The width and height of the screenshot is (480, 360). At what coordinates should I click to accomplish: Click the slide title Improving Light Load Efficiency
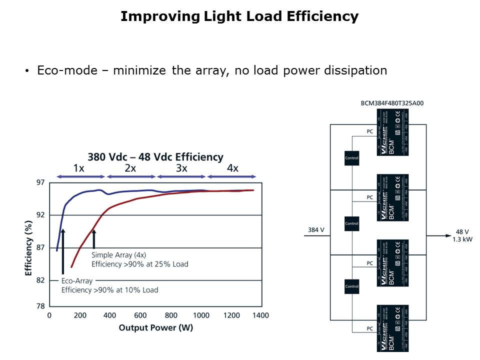pyautogui.click(x=239, y=16)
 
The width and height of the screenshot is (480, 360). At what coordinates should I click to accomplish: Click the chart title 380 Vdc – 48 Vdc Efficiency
pyautogui.click(x=155, y=157)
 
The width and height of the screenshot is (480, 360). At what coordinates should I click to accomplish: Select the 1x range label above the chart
pyautogui.click(x=79, y=168)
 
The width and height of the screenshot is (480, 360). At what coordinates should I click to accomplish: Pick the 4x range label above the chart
pyautogui.click(x=232, y=168)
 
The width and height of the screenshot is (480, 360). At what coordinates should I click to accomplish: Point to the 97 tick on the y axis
pyautogui.click(x=40, y=182)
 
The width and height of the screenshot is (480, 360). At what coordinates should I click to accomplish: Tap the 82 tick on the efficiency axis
pyautogui.click(x=40, y=280)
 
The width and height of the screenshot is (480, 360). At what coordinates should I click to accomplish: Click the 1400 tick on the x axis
pyautogui.click(x=260, y=315)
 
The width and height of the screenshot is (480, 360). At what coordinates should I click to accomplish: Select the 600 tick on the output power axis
pyautogui.click(x=140, y=315)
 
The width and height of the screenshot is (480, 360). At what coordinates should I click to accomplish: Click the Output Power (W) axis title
pyautogui.click(x=155, y=327)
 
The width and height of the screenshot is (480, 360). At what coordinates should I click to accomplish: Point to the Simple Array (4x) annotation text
pyautogui.click(x=119, y=255)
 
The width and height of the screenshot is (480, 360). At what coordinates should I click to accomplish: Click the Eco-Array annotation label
pyautogui.click(x=76, y=281)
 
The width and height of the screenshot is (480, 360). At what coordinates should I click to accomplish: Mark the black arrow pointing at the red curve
pyautogui.click(x=93, y=238)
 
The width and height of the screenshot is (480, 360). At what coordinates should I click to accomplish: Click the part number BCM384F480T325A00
pyautogui.click(x=392, y=103)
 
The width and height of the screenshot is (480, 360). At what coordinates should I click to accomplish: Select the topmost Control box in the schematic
pyautogui.click(x=352, y=158)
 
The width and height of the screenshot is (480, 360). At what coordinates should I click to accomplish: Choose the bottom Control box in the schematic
pyautogui.click(x=352, y=287)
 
